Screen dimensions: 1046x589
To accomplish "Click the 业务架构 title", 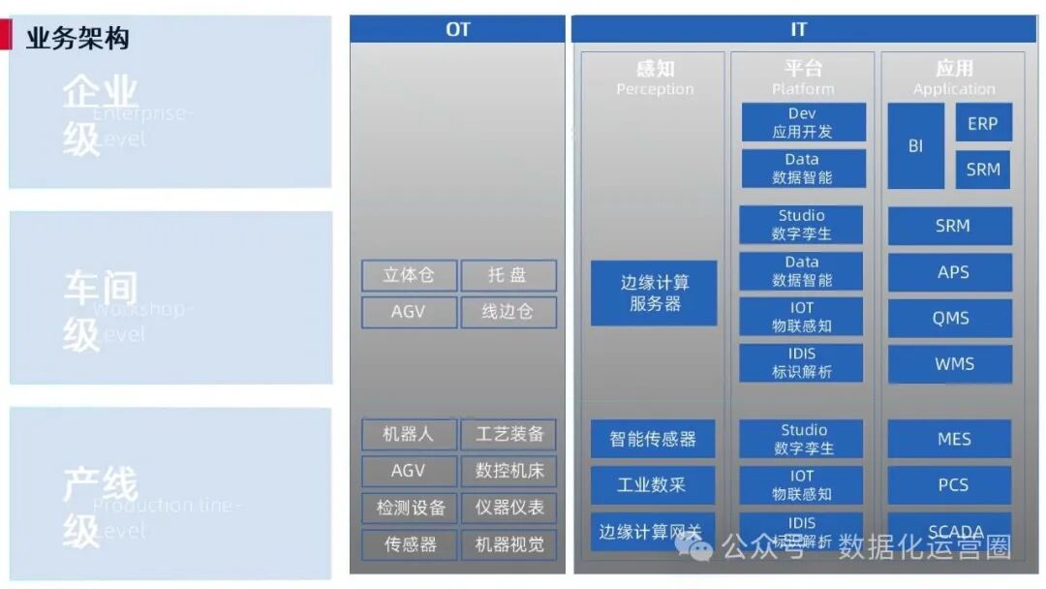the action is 77,38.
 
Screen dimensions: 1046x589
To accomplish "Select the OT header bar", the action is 457,29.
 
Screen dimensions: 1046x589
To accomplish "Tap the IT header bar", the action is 798,29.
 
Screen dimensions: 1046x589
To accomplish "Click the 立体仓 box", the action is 409,275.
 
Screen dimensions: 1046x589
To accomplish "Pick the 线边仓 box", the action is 508,312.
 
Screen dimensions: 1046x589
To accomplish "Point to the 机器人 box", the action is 409,434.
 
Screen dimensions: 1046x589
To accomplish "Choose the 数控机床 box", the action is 508,471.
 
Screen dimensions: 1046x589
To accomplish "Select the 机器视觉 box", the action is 508,544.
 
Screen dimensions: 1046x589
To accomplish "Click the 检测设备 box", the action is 409,508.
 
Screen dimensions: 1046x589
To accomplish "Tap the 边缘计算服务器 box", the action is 655,293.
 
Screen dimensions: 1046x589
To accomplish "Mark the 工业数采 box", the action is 653,484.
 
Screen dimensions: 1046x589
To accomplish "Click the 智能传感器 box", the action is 653,439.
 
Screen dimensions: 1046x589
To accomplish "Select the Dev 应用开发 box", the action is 803,123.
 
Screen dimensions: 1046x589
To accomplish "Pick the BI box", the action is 915,146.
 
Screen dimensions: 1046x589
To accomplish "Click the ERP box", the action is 983,123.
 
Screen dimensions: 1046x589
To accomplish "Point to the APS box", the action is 952,272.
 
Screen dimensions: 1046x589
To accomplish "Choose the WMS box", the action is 952,364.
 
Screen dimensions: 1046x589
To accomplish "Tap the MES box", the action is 952,439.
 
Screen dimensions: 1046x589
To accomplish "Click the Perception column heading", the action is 655,78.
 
